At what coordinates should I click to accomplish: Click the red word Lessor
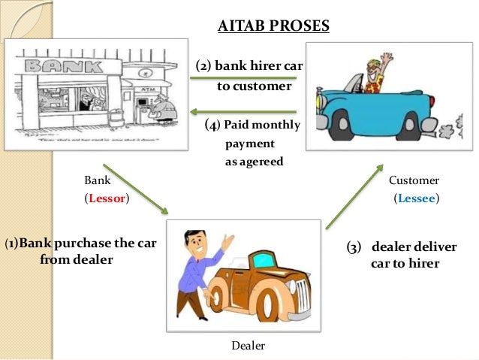tap(106, 199)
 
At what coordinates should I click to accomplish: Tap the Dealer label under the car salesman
tap(248, 345)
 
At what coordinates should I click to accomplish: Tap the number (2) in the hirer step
tap(203, 66)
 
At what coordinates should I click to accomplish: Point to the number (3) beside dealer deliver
tap(354, 247)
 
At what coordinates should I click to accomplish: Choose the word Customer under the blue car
tap(414, 180)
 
